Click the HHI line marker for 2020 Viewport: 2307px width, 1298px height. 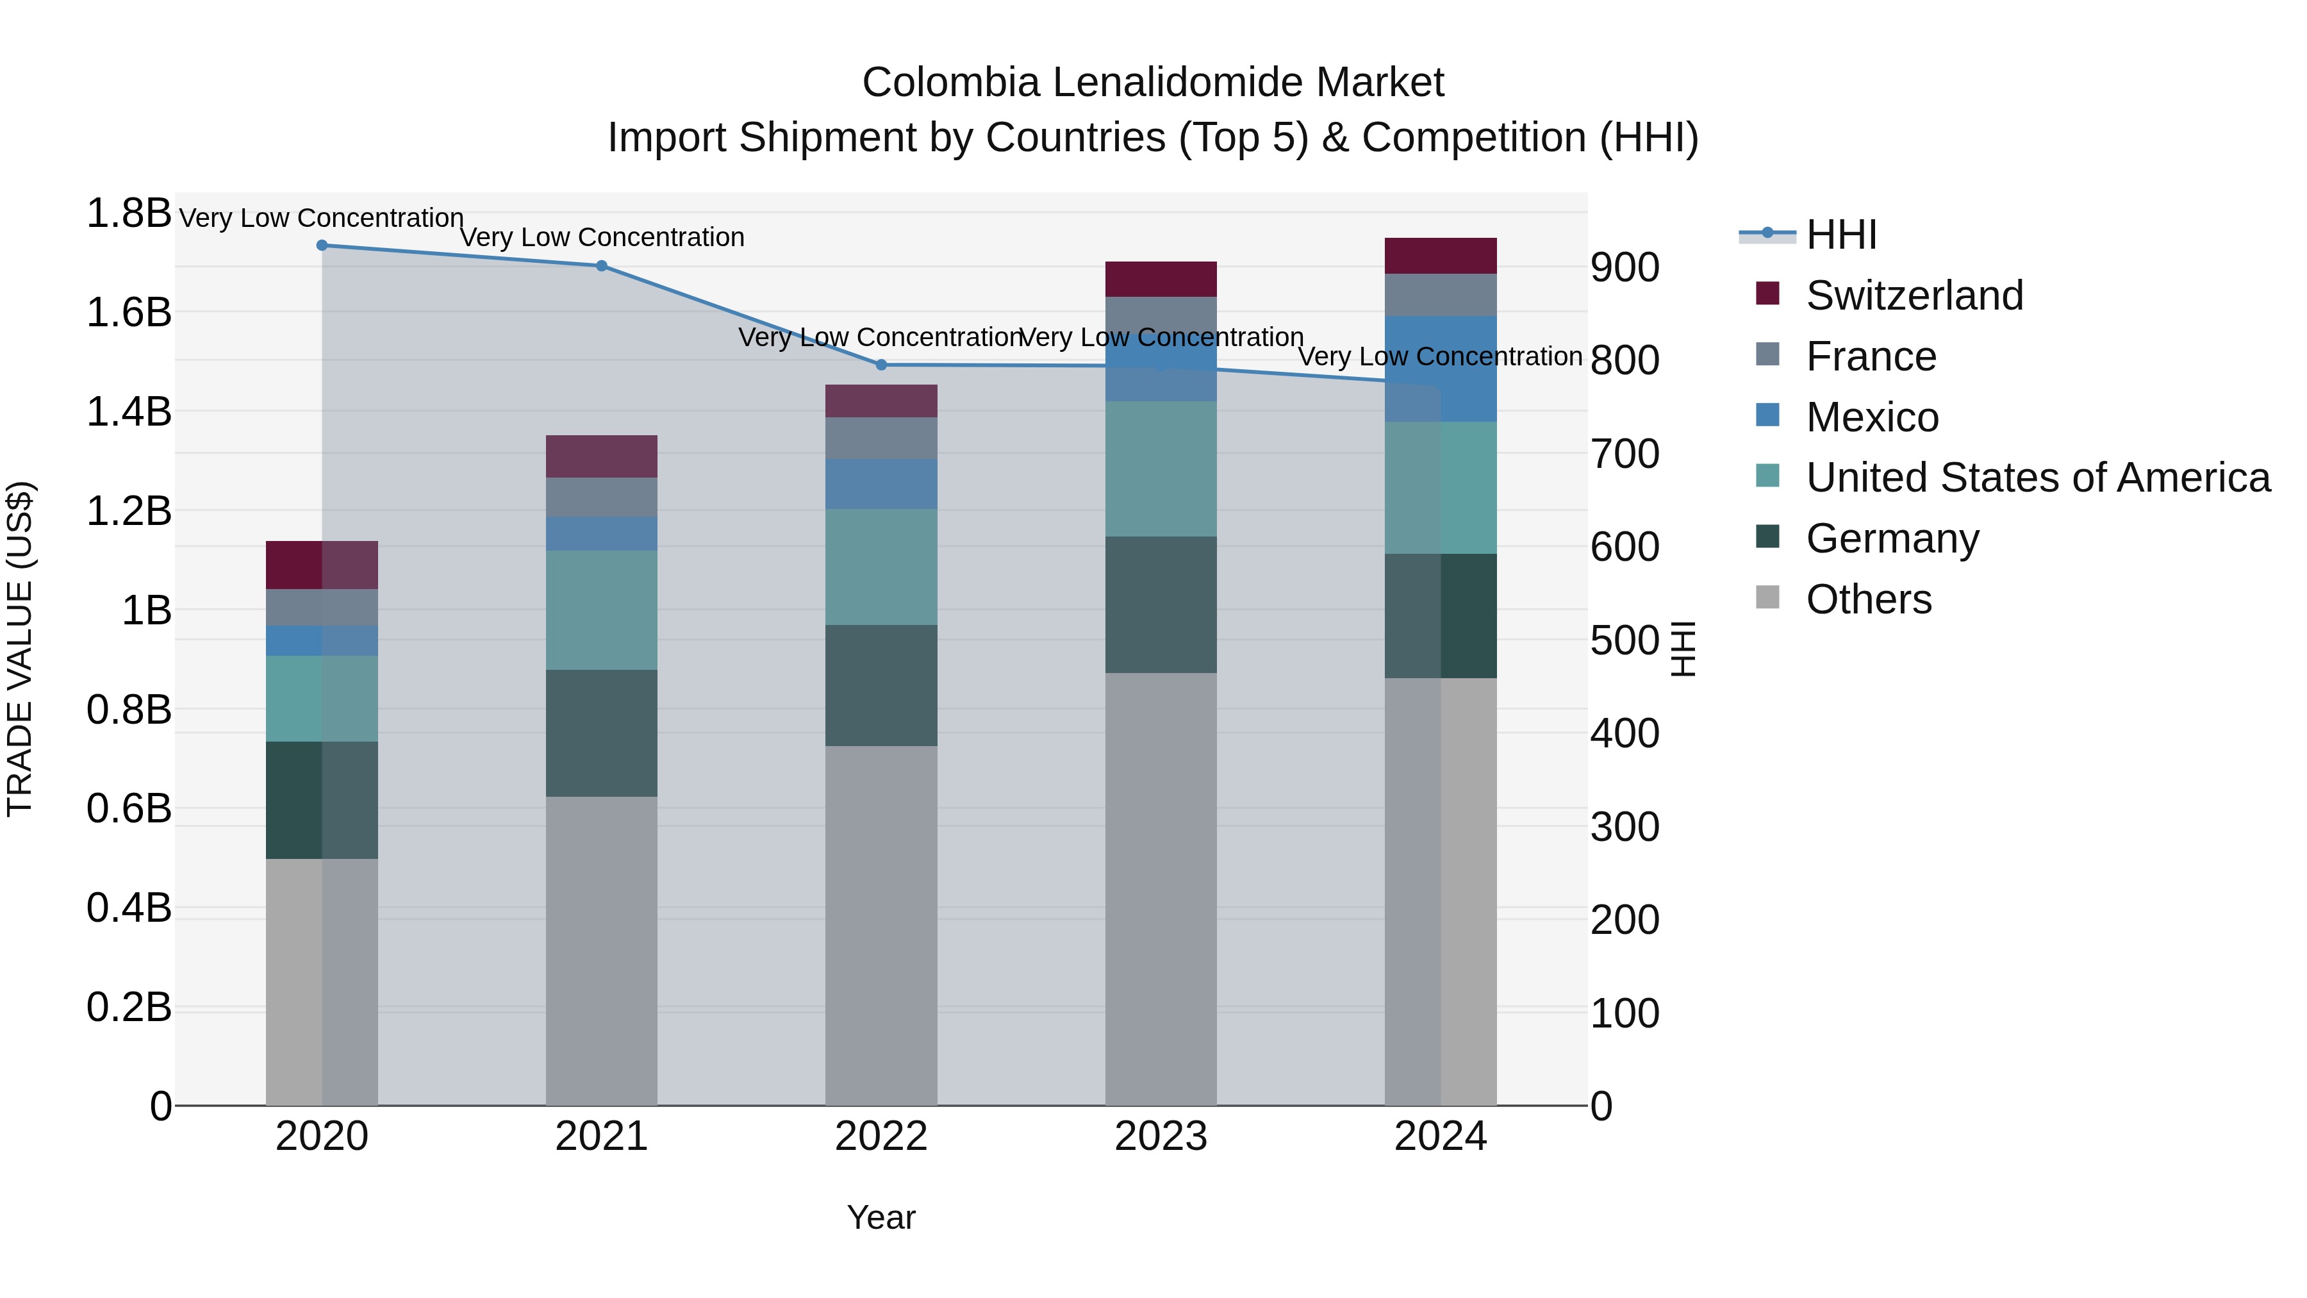(x=322, y=245)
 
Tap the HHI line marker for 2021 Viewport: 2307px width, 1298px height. (x=602, y=266)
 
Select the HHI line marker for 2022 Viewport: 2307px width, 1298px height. (x=881, y=365)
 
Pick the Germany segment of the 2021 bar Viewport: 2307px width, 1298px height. (x=602, y=733)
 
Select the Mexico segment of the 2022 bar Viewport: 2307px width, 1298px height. (x=881, y=484)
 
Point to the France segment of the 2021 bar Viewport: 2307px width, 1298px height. (x=602, y=497)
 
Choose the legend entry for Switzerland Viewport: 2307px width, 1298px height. (x=1914, y=295)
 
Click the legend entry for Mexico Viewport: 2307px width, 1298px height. (x=1872, y=417)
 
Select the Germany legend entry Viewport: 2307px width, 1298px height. (x=1892, y=538)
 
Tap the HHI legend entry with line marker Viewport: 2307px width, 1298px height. (x=1840, y=235)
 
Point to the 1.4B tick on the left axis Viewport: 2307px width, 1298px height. (x=128, y=412)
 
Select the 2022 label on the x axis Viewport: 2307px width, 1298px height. (x=881, y=1136)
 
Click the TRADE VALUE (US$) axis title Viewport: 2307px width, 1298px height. (x=20, y=649)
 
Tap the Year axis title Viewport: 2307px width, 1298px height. (x=881, y=1217)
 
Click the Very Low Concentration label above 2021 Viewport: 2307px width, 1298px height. (x=602, y=237)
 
